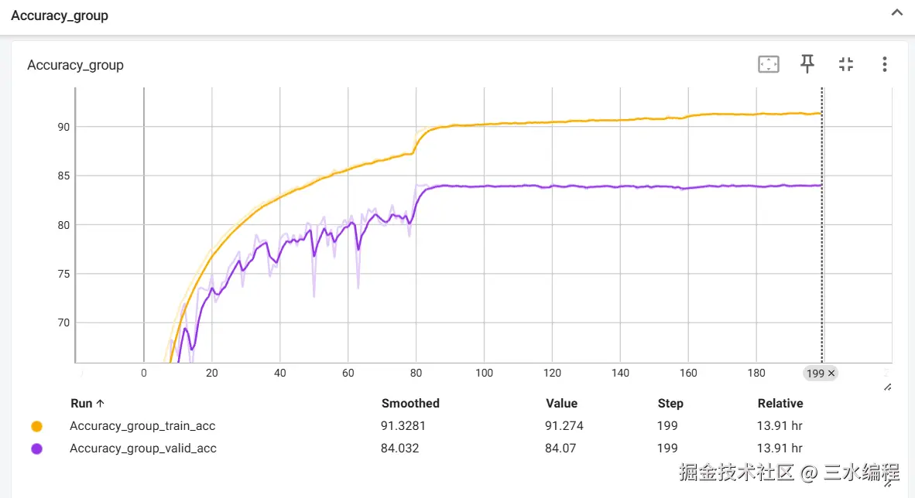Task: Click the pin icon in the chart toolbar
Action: (x=807, y=64)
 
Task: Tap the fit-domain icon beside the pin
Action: (x=768, y=64)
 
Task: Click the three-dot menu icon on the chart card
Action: (x=884, y=64)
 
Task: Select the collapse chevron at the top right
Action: (x=897, y=14)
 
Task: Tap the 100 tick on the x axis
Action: (x=484, y=373)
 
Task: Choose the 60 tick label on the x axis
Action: (x=348, y=373)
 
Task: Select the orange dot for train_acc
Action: (x=36, y=426)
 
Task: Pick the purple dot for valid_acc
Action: (x=36, y=449)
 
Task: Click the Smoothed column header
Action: (x=410, y=404)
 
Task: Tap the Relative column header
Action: (x=780, y=404)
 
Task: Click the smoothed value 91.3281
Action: (x=403, y=426)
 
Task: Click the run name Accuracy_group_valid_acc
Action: (x=143, y=449)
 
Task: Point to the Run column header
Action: (x=87, y=404)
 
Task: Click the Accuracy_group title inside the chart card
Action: (x=75, y=65)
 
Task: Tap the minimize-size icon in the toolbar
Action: (x=846, y=64)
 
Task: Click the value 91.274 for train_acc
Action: (x=564, y=426)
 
